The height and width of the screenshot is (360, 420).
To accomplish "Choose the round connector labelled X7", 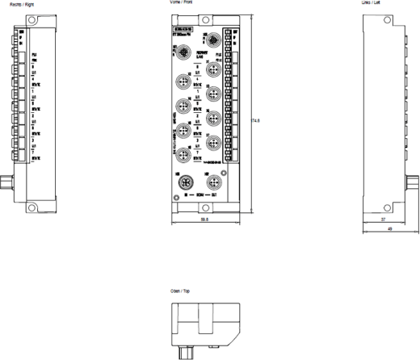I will pos(212,143).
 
